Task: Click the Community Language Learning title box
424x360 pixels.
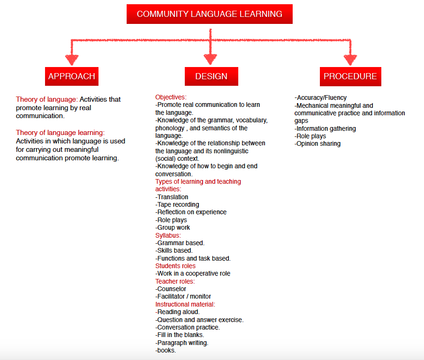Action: tap(209, 14)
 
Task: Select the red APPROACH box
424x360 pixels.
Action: tap(72, 76)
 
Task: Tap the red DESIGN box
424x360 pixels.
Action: tap(211, 76)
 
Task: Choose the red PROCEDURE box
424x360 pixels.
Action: tap(350, 76)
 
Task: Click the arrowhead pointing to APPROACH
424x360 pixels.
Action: tap(72, 60)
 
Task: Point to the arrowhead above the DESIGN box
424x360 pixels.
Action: tap(210, 59)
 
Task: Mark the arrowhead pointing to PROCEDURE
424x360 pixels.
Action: tap(350, 60)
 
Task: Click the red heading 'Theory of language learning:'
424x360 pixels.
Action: tap(60, 133)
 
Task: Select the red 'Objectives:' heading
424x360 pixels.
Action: tap(171, 97)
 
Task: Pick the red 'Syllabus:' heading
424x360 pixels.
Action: tap(168, 235)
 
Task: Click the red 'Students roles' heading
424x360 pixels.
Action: tap(175, 266)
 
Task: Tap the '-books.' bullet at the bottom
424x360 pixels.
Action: tap(166, 350)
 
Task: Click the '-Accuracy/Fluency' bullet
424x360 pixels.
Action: tap(321, 97)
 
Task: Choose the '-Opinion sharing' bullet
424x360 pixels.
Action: tap(318, 143)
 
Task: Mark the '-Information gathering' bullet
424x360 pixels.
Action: tap(325, 128)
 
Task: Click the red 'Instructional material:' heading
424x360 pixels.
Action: tap(185, 304)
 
